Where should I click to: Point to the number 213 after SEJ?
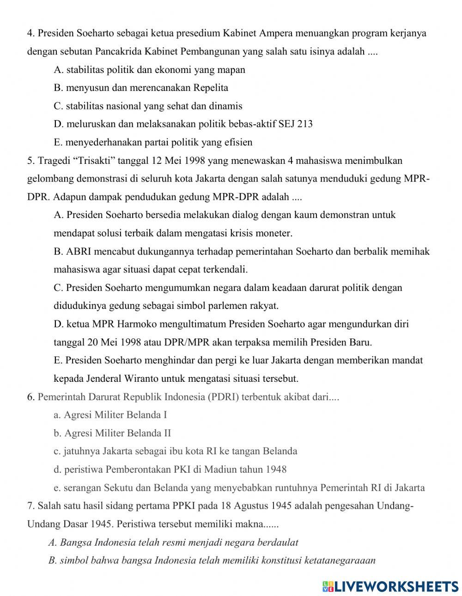coord(304,124)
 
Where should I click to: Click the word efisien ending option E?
coord(237,142)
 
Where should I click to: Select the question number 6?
coord(31,397)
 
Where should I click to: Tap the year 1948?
coord(276,470)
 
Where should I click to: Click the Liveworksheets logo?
coord(390,586)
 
